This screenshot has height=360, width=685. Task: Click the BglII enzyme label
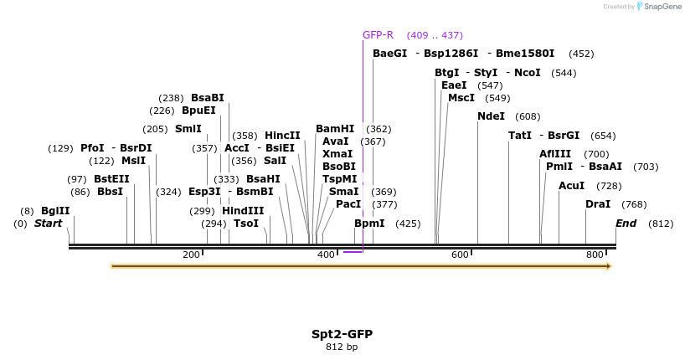(55, 211)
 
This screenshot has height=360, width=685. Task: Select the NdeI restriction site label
(491, 116)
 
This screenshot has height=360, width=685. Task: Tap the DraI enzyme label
(598, 204)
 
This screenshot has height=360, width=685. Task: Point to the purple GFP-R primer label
(378, 35)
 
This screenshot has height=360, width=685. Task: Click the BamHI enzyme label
(335, 129)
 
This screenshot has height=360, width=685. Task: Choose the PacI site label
(348, 204)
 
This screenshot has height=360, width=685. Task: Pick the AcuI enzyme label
(571, 186)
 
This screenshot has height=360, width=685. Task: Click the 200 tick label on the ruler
(191, 255)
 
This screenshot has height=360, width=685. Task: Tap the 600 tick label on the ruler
(460, 255)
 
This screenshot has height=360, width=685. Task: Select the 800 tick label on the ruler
(595, 255)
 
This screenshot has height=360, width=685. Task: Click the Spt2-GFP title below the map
(342, 334)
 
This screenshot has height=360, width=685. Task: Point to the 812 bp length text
(342, 347)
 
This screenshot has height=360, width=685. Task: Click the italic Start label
(48, 224)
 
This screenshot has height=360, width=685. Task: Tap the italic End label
(626, 224)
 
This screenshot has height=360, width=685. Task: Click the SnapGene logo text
(662, 7)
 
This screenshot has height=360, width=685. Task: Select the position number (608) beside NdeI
(528, 116)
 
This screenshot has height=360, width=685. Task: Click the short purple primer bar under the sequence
(353, 251)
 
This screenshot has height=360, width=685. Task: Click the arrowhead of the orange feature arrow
(609, 266)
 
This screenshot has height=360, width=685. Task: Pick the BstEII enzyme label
(111, 179)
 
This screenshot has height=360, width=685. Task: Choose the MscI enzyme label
(461, 98)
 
